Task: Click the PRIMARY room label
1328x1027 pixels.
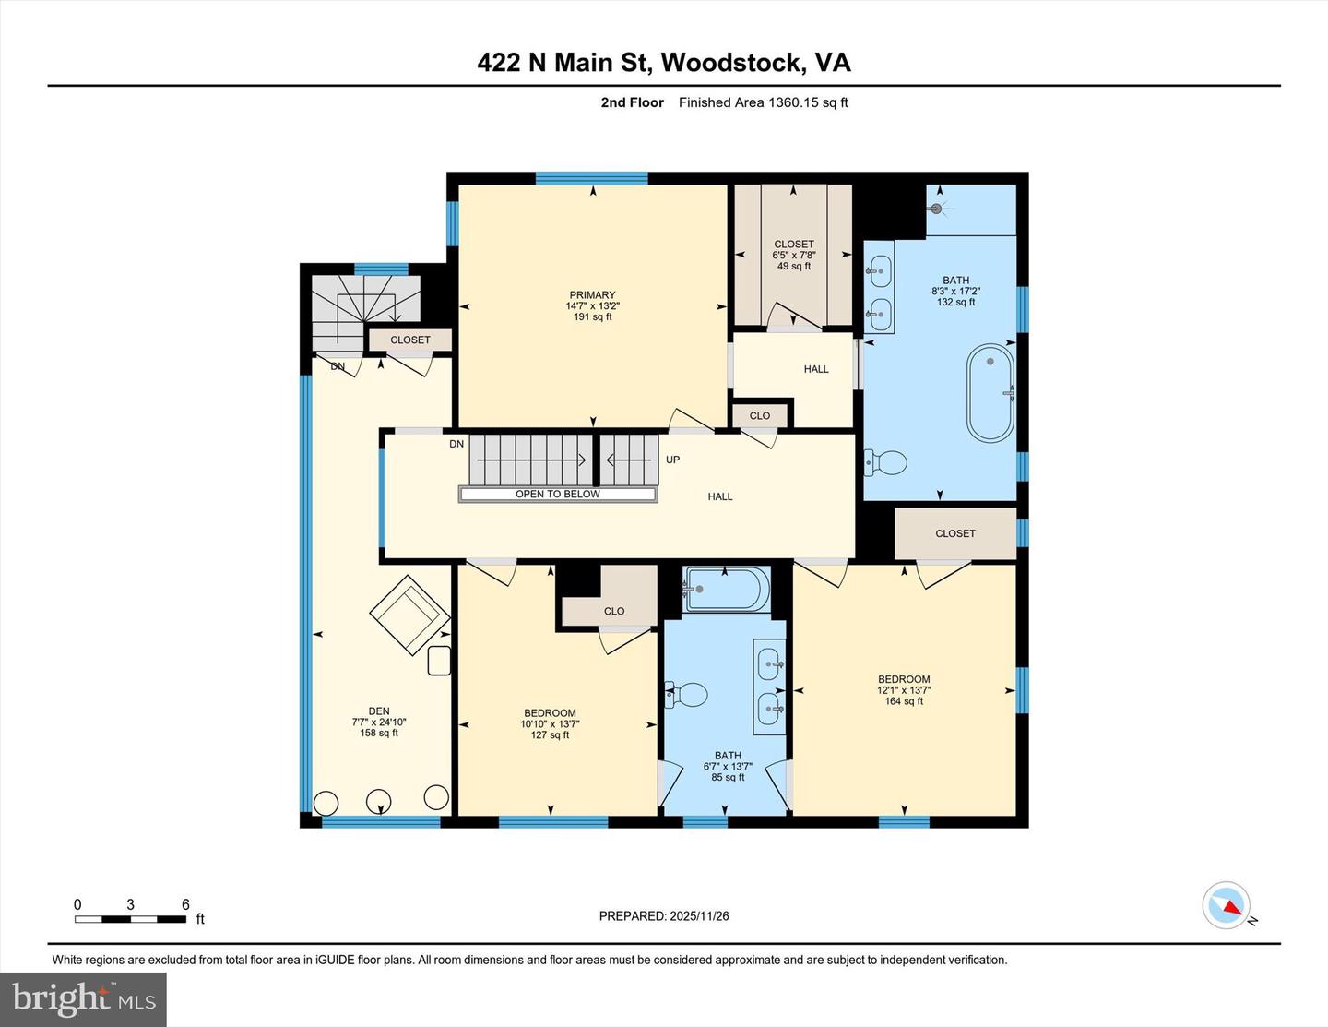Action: (591, 295)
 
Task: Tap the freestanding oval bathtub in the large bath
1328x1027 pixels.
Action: (990, 393)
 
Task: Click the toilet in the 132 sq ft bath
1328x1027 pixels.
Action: (886, 462)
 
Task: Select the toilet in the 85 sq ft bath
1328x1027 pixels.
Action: (686, 695)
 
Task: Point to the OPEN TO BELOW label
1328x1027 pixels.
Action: (557, 495)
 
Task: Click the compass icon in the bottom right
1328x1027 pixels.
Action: (1227, 905)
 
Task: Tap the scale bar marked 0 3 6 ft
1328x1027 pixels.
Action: (130, 918)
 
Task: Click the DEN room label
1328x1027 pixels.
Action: (379, 711)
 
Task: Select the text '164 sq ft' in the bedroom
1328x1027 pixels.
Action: (904, 701)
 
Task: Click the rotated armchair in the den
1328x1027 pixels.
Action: (409, 615)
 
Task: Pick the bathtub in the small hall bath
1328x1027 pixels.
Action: (726, 589)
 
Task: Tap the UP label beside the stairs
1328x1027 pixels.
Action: (672, 460)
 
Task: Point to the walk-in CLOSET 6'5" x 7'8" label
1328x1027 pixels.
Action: (793, 245)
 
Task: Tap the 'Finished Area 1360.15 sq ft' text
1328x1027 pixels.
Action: (763, 102)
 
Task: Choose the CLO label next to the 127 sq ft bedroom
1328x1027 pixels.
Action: (614, 611)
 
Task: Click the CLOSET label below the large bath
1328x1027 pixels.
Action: (954, 533)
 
